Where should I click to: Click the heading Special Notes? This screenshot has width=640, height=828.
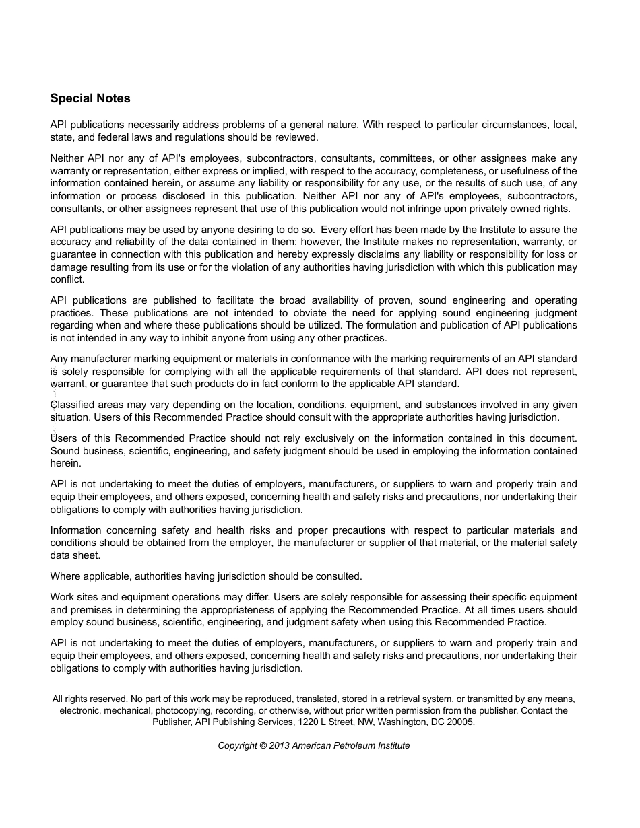90,98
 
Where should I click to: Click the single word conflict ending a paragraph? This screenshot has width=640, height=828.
67,279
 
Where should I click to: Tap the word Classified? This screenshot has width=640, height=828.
73,405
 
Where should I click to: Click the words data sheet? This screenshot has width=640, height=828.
75,555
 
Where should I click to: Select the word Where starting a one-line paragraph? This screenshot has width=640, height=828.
65,576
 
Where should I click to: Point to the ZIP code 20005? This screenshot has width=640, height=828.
461,722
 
